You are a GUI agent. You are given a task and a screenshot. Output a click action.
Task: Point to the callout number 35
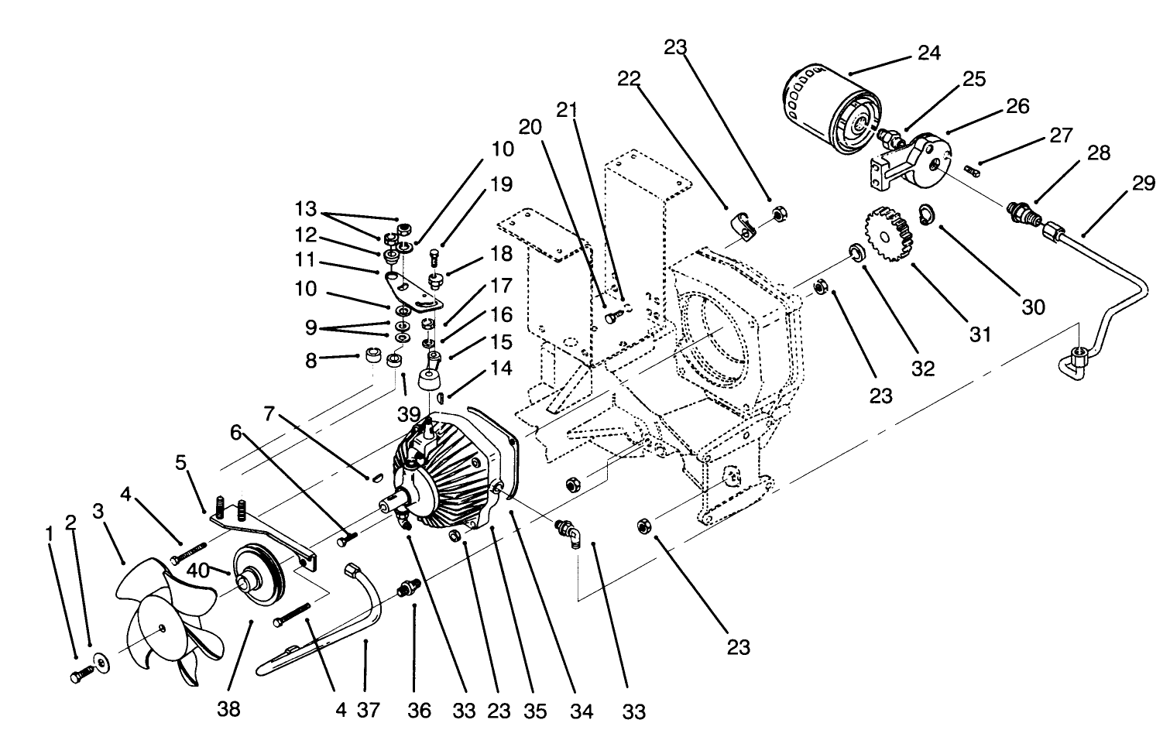pyautogui.click(x=535, y=709)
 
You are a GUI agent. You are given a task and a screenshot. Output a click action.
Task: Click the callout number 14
pyautogui.click(x=501, y=368)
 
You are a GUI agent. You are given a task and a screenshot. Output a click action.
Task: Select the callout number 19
pyautogui.click(x=501, y=184)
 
